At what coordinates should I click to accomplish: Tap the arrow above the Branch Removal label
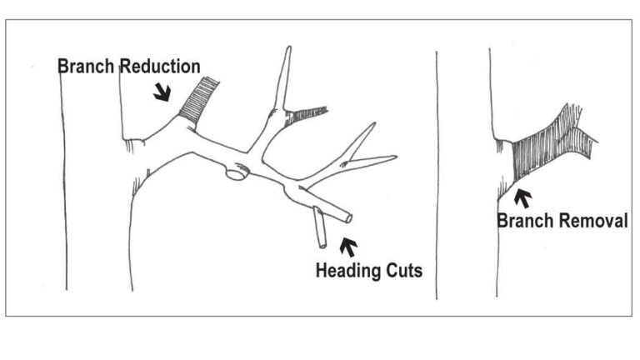[522, 198]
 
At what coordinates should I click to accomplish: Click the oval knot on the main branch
[237, 173]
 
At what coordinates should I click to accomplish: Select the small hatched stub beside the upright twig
[307, 114]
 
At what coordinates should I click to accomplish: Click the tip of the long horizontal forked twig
[396, 157]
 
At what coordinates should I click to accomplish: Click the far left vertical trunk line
[63, 183]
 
